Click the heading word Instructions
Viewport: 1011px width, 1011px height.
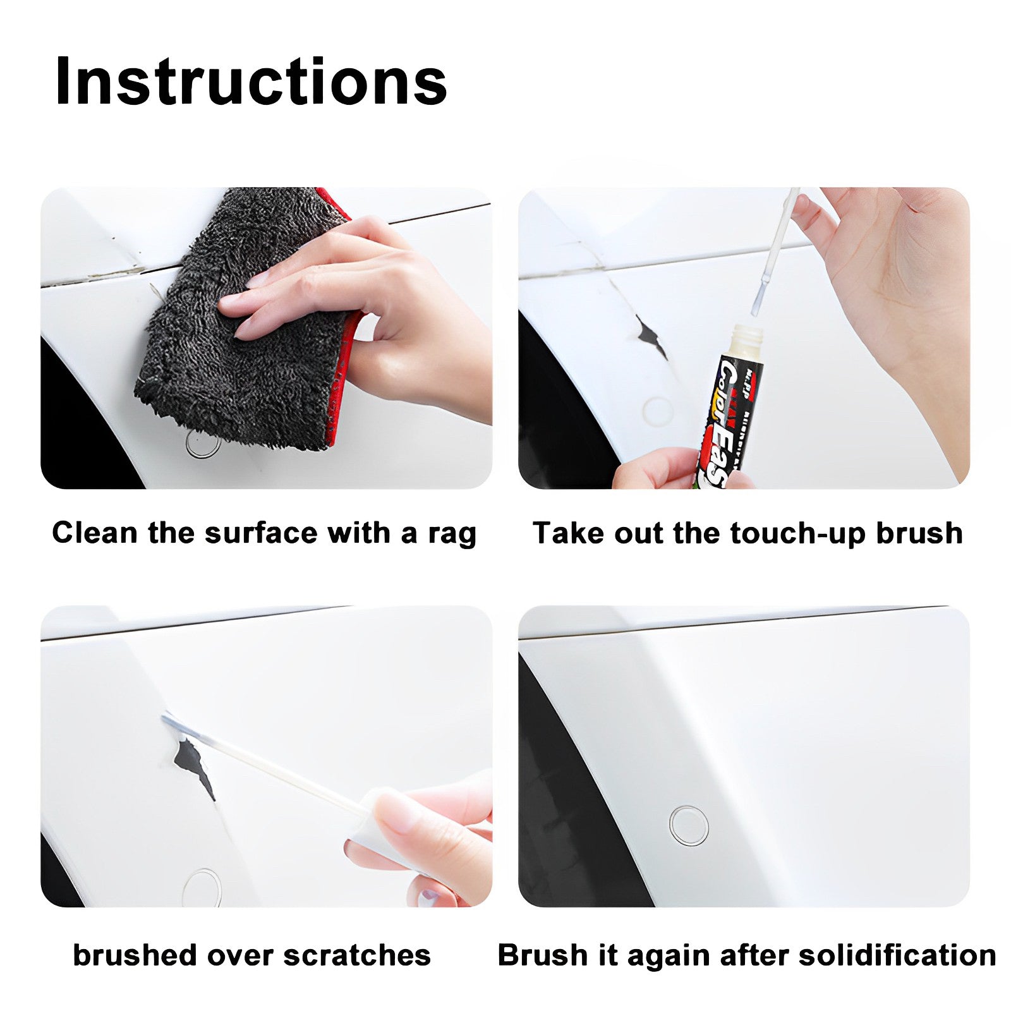click(251, 82)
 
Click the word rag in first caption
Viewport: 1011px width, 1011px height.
click(452, 534)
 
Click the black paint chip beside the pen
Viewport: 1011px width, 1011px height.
click(651, 338)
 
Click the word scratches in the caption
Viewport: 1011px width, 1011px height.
click(357, 955)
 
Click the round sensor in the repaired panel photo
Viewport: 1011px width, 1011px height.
click(688, 825)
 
